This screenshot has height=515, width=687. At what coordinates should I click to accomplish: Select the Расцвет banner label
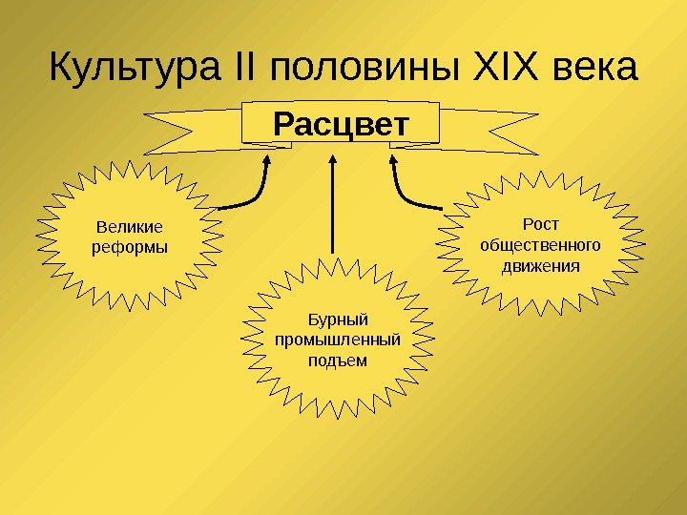340,124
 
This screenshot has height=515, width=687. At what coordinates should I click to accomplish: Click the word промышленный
338,340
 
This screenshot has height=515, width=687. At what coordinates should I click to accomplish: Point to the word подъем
338,360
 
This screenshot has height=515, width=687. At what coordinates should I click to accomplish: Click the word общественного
541,244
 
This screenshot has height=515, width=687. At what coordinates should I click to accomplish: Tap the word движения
541,264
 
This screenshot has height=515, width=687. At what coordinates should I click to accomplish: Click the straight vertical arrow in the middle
333,210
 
